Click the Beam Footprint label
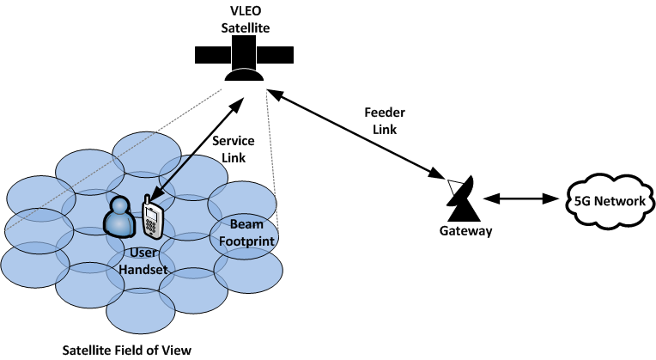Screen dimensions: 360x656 pos(245,233)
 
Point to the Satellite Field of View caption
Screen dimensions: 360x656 pos(127,350)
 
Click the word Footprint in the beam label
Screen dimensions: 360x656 pos(245,241)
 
